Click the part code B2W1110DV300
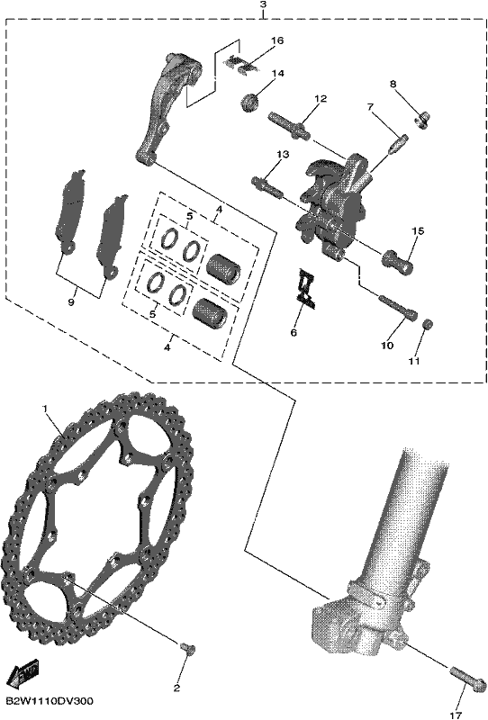point(50,701)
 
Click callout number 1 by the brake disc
point(45,409)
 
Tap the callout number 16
point(277,40)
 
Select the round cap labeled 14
point(250,102)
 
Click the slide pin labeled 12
point(288,124)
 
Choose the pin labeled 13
point(267,185)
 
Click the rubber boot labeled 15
point(397,261)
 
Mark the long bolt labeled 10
point(398,306)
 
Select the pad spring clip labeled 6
point(304,289)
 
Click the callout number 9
point(70,302)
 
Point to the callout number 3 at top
point(263,5)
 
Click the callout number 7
point(370,107)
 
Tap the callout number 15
point(418,231)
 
